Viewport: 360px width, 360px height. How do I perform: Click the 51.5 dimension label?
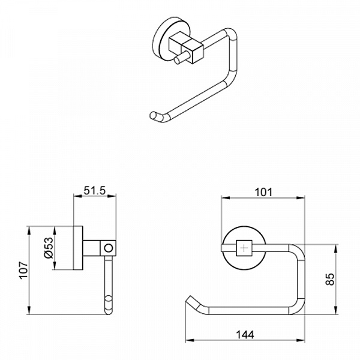pyautogui.click(x=94, y=191)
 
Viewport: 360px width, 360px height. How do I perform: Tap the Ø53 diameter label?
pyautogui.click(x=49, y=248)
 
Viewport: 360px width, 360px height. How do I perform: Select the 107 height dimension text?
pyautogui.click(x=23, y=270)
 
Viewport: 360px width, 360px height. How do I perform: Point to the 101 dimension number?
pyautogui.click(x=263, y=192)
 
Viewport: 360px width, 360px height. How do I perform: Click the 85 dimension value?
pyautogui.click(x=331, y=279)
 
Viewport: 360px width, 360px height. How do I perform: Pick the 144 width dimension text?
pyautogui.click(x=245, y=335)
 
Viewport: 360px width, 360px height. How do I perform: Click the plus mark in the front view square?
pyautogui.click(x=244, y=248)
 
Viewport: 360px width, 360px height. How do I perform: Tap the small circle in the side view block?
pyautogui.click(x=109, y=248)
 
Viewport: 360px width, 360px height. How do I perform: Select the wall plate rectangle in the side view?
pyautogui.click(x=78, y=248)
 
